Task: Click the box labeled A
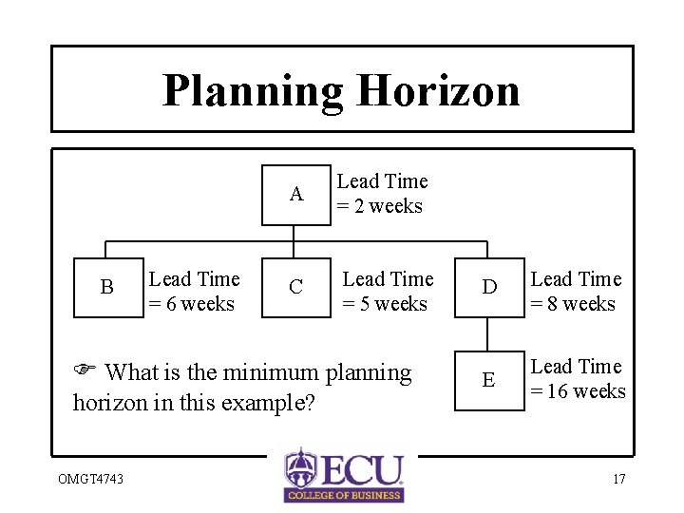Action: coord(296,195)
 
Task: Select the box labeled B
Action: coord(106,287)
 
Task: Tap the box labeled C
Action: coord(296,287)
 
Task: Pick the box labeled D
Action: coord(489,287)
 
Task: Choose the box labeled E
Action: coord(489,380)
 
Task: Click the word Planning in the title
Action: coord(253,91)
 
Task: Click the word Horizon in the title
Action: coord(438,91)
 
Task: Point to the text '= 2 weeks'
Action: coord(380,206)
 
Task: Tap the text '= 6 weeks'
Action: coord(192,304)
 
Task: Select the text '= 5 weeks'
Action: coord(385,304)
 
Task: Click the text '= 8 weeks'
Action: coord(573,304)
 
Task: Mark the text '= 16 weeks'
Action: coord(578,391)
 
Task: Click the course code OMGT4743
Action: coord(84,479)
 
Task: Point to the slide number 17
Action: coord(618,479)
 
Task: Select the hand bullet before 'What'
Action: coord(83,372)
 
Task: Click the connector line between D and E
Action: coord(489,332)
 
